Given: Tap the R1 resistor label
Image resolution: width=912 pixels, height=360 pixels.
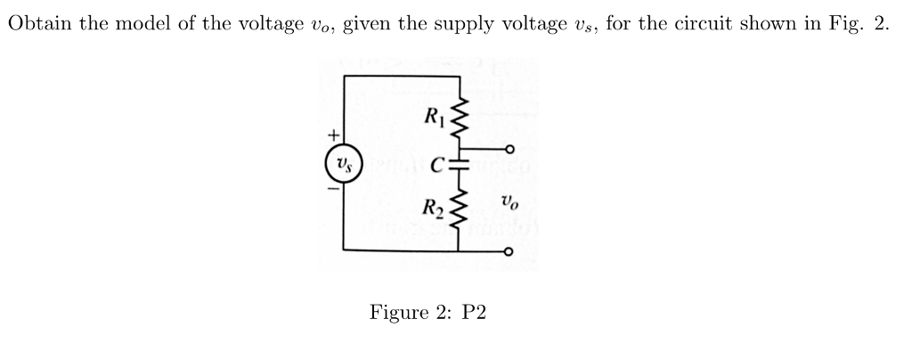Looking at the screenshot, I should tap(433, 115).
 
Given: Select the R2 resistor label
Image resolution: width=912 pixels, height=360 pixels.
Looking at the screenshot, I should tap(433, 212).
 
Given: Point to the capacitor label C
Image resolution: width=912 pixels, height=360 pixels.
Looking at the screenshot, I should tap(437, 164).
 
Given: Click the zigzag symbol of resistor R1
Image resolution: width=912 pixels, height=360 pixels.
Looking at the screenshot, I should tap(460, 116).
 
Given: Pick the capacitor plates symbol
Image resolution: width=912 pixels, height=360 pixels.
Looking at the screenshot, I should tap(460, 164).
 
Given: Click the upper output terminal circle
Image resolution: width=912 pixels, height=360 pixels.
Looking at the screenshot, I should tap(509, 149).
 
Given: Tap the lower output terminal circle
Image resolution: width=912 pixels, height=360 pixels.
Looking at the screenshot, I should tap(509, 251).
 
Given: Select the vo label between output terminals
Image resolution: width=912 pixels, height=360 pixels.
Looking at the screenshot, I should tap(509, 202).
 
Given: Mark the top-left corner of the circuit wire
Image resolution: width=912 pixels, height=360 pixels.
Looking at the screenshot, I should tap(344, 75).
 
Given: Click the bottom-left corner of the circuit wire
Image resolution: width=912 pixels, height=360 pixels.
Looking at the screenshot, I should tap(344, 251).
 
